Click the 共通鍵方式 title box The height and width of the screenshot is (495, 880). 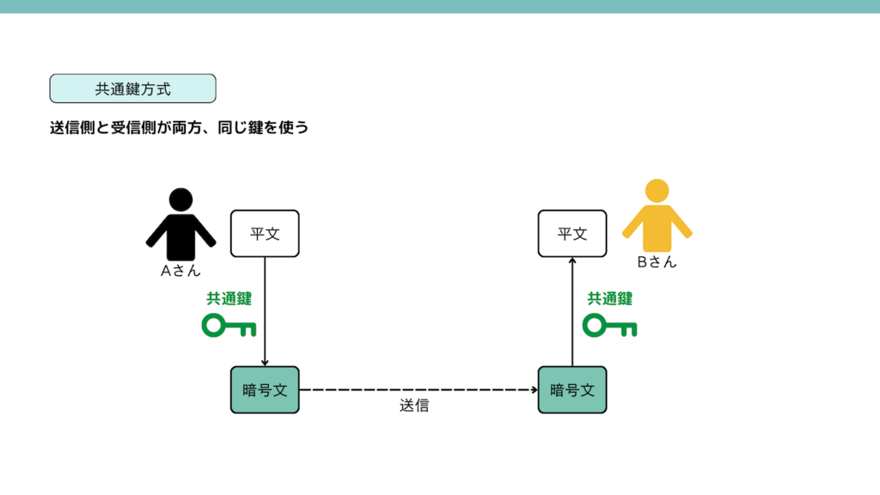(132, 89)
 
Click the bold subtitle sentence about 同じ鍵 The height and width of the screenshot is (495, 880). (179, 129)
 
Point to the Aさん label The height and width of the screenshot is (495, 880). (180, 270)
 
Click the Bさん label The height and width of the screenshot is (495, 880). (657, 262)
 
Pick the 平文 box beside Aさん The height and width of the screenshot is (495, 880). (265, 233)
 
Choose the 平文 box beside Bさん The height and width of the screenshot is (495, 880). (572, 233)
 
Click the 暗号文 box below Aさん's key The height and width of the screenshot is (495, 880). (265, 389)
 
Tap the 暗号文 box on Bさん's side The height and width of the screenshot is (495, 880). (572, 389)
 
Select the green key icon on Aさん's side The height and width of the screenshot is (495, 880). (229, 326)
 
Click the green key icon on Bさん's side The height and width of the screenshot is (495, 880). (609, 326)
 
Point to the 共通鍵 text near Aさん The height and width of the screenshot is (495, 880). (229, 299)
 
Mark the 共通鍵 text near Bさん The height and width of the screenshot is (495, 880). (609, 299)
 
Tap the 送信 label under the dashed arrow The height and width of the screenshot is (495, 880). (414, 406)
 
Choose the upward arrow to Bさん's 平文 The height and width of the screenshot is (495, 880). (572, 311)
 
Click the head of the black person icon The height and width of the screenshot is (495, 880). (180, 199)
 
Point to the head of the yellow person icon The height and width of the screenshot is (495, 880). (657, 191)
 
